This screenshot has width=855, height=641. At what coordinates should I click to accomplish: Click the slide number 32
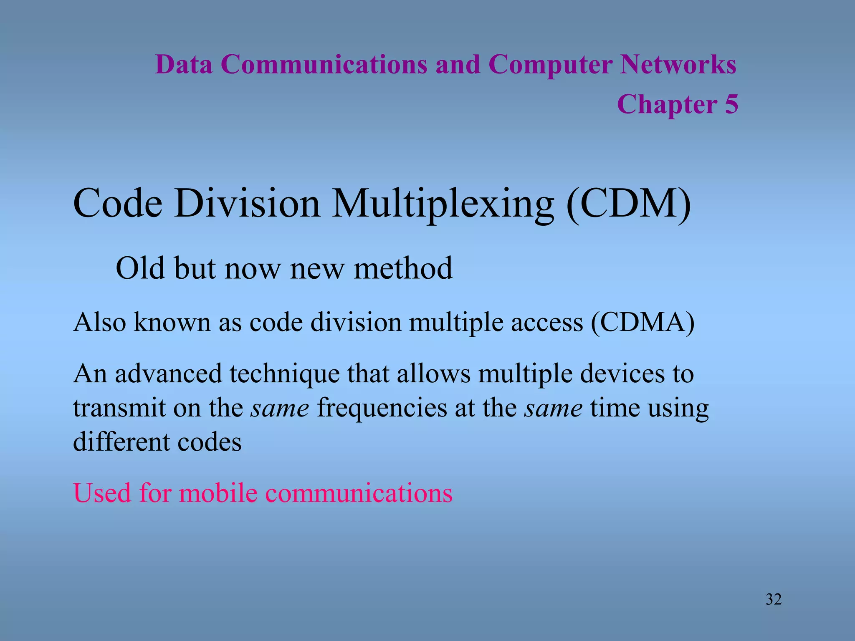coord(774,599)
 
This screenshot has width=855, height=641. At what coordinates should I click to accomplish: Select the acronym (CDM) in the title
coord(628,204)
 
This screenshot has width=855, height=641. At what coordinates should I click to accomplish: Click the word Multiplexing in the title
coord(443,204)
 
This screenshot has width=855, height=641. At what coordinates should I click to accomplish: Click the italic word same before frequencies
coord(280,408)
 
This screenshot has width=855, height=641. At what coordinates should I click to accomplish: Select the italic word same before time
coord(554,408)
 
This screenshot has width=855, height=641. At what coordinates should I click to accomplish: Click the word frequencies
coord(382,408)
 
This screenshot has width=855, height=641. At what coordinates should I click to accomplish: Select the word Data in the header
coord(184,65)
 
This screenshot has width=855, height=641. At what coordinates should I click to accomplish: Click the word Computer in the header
coord(550,65)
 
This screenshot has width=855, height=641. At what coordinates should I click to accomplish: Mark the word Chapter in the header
coord(667,104)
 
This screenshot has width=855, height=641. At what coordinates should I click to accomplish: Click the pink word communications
coord(359,493)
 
